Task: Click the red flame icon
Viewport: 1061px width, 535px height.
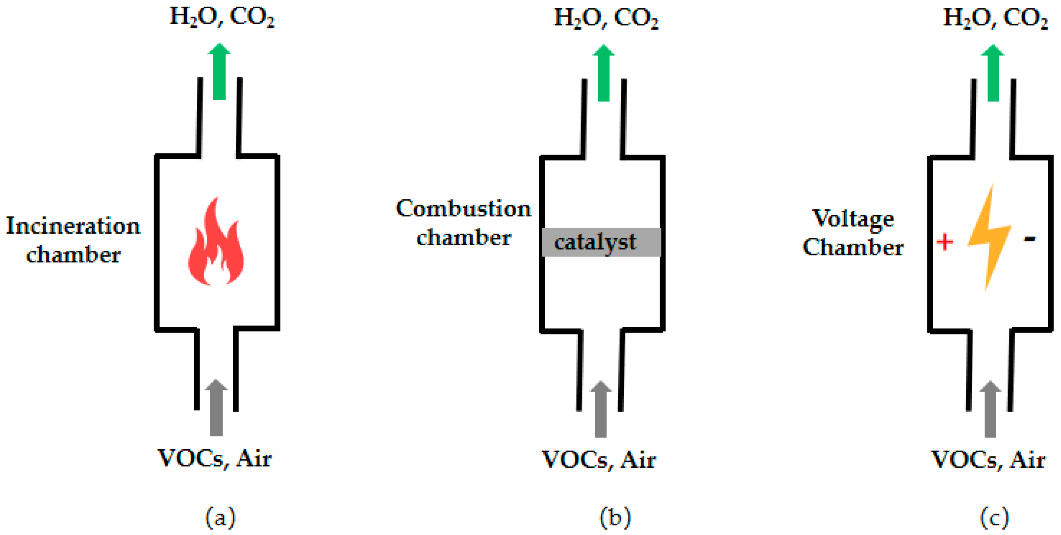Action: (x=216, y=247)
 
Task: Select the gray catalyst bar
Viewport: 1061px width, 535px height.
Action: (x=601, y=242)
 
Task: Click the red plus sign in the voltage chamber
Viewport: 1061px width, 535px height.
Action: (x=944, y=242)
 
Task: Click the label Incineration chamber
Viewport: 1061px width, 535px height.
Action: (x=73, y=240)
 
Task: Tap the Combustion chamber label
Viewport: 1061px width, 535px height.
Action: (x=464, y=223)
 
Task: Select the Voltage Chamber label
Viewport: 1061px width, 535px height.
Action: (x=854, y=233)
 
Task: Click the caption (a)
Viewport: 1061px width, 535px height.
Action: (x=220, y=517)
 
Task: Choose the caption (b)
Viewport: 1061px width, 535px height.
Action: (x=615, y=517)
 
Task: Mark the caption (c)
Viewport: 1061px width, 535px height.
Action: (x=994, y=517)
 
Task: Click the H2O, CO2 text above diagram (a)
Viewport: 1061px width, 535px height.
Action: (x=222, y=17)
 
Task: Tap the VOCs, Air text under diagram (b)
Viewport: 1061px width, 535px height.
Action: (x=599, y=460)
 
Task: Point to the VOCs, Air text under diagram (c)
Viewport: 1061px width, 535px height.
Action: (x=988, y=460)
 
